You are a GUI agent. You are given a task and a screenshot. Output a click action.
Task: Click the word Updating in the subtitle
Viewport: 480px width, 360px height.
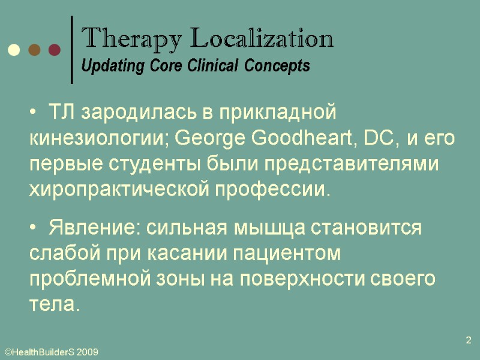click(x=106, y=66)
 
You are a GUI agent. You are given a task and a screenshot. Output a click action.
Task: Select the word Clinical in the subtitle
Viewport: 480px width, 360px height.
click(x=210, y=66)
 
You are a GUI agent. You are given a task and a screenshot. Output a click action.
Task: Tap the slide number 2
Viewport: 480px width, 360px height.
click(x=469, y=341)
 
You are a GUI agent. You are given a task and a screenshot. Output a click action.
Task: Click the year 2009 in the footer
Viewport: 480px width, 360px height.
click(x=87, y=353)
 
